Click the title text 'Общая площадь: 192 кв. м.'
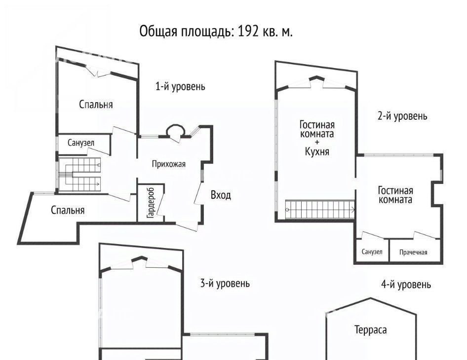pyautogui.click(x=216, y=31)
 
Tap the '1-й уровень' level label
pyautogui.click(x=180, y=87)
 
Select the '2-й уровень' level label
pyautogui.click(x=402, y=116)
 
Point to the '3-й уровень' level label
pyautogui.click(x=225, y=283)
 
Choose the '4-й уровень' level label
pyautogui.click(x=406, y=285)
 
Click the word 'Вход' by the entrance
pyautogui.click(x=221, y=195)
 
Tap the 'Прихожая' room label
pyautogui.click(x=168, y=164)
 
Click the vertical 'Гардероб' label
pyautogui.click(x=151, y=203)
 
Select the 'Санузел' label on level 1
pyautogui.click(x=81, y=143)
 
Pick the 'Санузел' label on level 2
pyautogui.click(x=372, y=252)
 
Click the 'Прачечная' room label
pyautogui.click(x=413, y=252)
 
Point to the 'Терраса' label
pyautogui.click(x=371, y=329)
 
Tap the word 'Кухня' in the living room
pyautogui.click(x=317, y=151)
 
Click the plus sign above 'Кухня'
pyautogui.click(x=317, y=143)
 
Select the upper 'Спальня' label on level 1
pyautogui.click(x=96, y=105)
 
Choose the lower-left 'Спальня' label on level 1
pyautogui.click(x=68, y=210)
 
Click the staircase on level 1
pyautogui.click(x=79, y=175)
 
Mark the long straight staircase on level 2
pyautogui.click(x=320, y=210)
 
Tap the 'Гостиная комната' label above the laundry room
pyautogui.click(x=395, y=195)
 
